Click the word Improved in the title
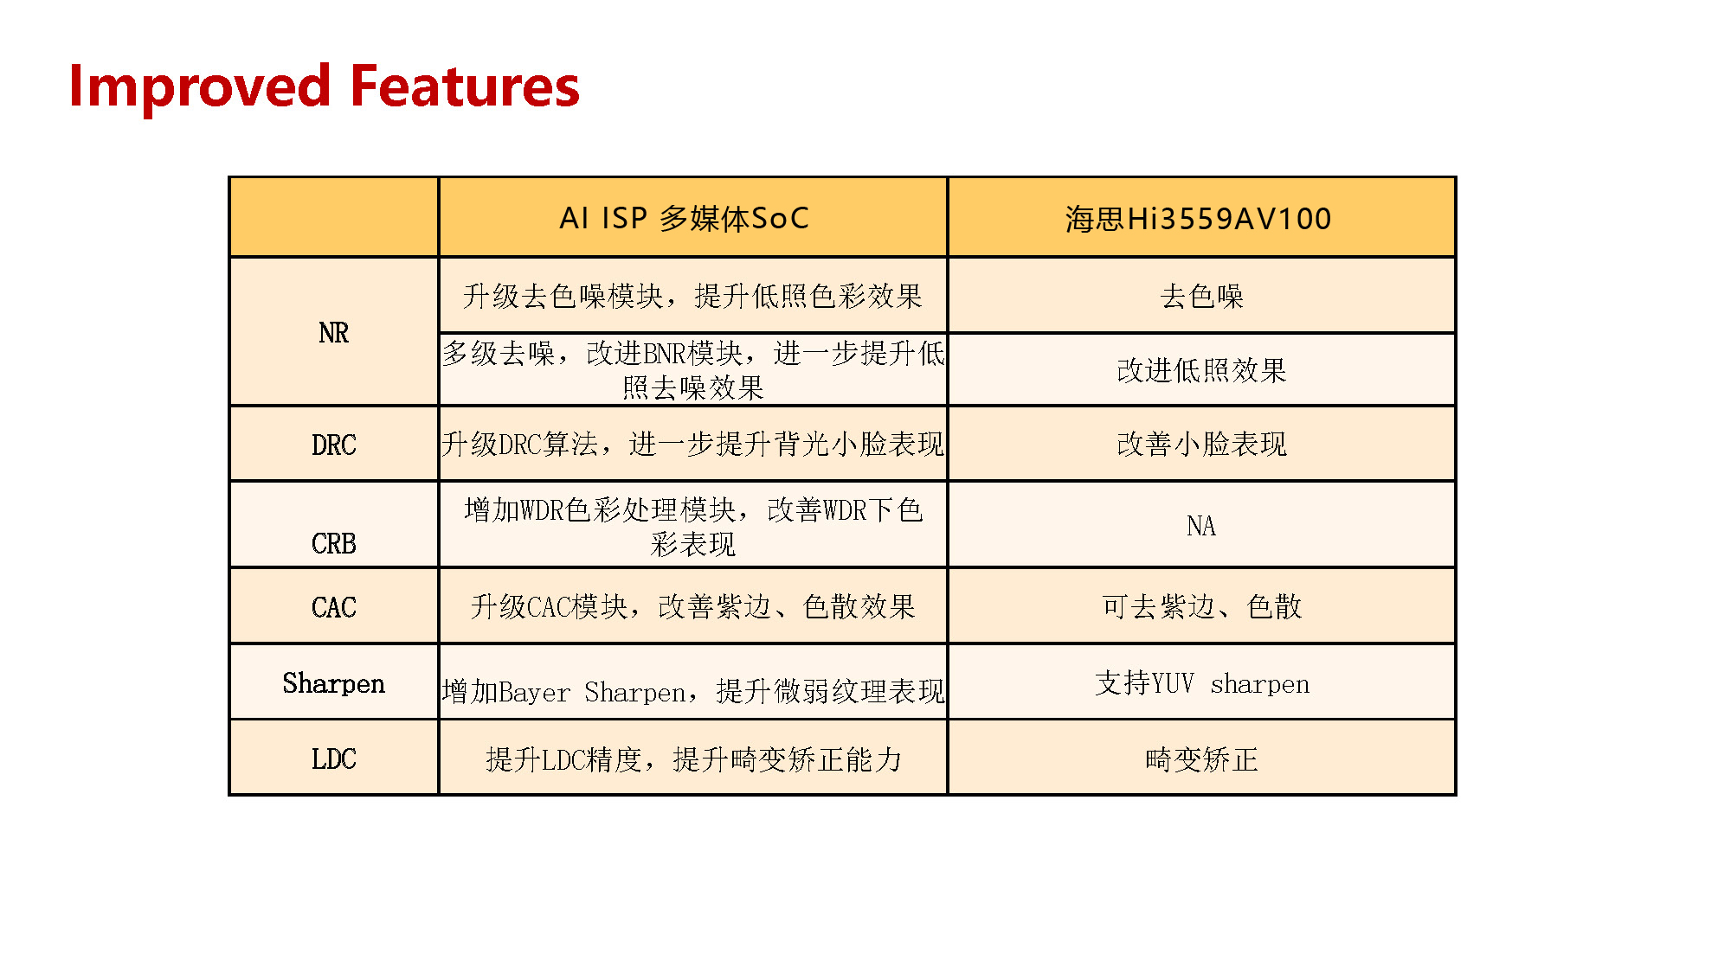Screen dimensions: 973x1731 199,86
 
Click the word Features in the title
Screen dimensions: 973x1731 465,86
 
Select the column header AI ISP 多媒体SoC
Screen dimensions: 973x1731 684,218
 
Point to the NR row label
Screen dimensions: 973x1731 333,333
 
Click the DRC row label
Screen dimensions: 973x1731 333,445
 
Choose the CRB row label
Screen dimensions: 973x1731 333,543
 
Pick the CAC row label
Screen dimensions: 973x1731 333,607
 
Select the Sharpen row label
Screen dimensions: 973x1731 333,683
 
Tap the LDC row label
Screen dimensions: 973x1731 333,759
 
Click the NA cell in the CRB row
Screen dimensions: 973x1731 1200,526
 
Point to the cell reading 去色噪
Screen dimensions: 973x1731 1200,297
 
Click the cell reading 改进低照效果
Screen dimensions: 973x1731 1200,370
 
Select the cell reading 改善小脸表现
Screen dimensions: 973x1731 1200,444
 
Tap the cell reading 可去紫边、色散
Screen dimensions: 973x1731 1200,606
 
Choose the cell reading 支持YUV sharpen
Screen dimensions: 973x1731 1200,683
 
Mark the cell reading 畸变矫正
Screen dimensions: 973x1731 1200,759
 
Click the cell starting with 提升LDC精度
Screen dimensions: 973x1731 692,759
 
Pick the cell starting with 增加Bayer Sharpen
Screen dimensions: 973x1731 692,691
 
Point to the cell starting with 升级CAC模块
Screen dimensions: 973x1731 692,606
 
